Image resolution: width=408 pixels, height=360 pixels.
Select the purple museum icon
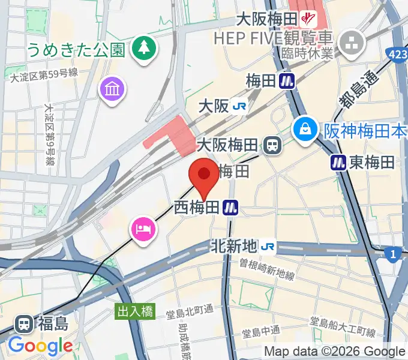(x=113, y=91)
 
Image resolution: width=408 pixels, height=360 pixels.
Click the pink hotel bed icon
(x=143, y=229)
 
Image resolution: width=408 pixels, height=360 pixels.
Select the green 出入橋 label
(x=135, y=311)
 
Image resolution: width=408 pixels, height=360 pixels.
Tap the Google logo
(x=40, y=346)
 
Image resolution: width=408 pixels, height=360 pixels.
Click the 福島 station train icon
(x=25, y=324)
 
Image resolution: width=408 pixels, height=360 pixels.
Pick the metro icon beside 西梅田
(x=230, y=208)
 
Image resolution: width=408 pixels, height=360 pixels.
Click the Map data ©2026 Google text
(x=334, y=352)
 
